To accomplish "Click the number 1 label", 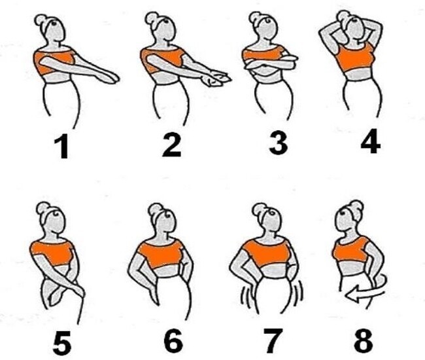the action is pyautogui.click(x=63, y=147).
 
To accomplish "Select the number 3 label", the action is pyautogui.click(x=279, y=143).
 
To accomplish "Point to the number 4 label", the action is pyautogui.click(x=371, y=141).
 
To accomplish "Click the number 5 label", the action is pyautogui.click(x=62, y=342).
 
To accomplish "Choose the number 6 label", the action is pyautogui.click(x=173, y=341).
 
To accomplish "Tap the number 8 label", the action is pyautogui.click(x=363, y=340).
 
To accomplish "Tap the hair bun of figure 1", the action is pyautogui.click(x=41, y=20).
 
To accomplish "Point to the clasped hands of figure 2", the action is pyautogui.click(x=216, y=78).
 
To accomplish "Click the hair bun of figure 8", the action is pyautogui.click(x=357, y=207).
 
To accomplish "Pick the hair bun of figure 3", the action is pyautogui.click(x=255, y=18).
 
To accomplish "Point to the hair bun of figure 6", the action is pyautogui.click(x=155, y=209).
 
